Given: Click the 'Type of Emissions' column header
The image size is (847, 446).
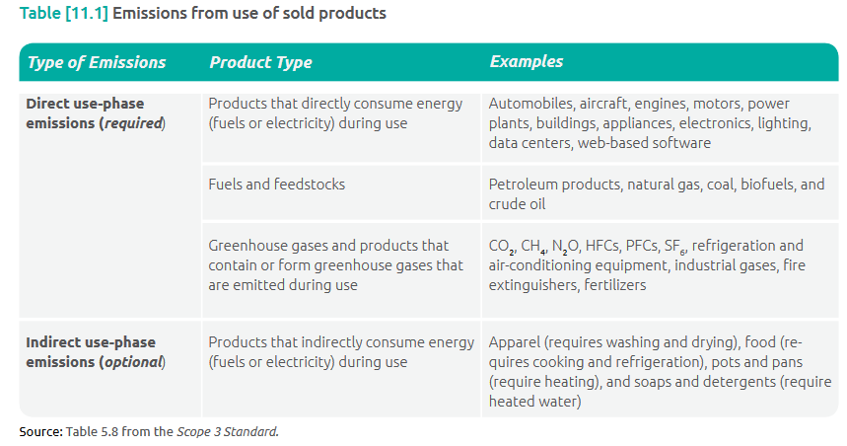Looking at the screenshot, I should [x=97, y=62].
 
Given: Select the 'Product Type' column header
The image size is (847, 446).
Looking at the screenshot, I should [x=260, y=62].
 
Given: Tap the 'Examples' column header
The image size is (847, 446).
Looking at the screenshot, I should [x=527, y=61].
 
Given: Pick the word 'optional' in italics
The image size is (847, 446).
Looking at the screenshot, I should [x=132, y=362].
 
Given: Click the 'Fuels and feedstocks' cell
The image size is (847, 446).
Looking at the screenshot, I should [x=276, y=185].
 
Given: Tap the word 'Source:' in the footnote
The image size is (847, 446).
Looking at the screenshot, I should [x=40, y=431].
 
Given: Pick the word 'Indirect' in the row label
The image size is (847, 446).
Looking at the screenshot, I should [x=55, y=342].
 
